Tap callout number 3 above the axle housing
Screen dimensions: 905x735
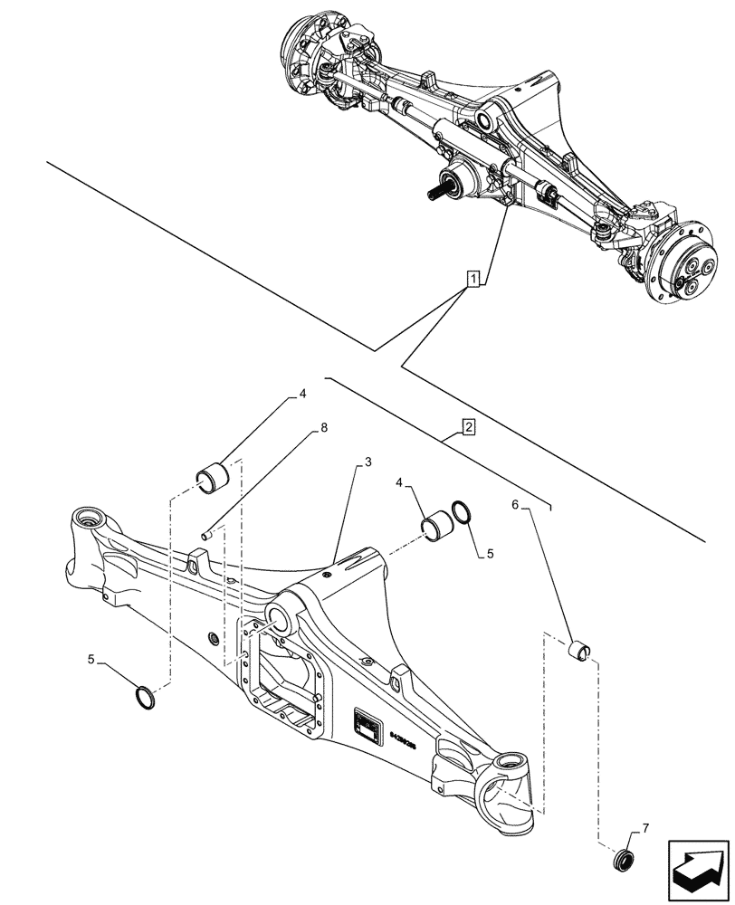[x=368, y=462]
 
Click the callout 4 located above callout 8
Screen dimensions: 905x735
[x=303, y=395]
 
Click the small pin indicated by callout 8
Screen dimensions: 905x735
[x=209, y=535]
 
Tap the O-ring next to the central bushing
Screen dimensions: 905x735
[x=461, y=513]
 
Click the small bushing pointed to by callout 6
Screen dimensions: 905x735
[x=578, y=649]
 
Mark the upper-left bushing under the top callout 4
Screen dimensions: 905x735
[x=214, y=477]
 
